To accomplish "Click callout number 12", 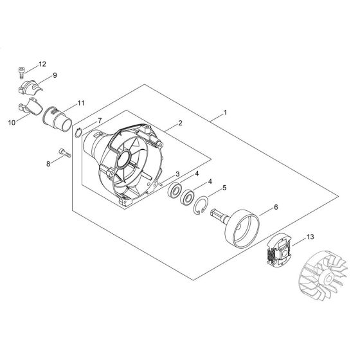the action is point(42,64).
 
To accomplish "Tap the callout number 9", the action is point(55,75).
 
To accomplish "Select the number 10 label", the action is point(12,123).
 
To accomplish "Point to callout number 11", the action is point(81,103).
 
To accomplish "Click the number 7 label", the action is point(100,121).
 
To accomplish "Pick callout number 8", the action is point(48,164).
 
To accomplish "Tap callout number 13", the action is point(310,237).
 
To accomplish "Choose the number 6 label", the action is point(276,207).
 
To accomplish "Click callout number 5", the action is point(224,188).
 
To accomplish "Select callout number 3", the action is point(177,174).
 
